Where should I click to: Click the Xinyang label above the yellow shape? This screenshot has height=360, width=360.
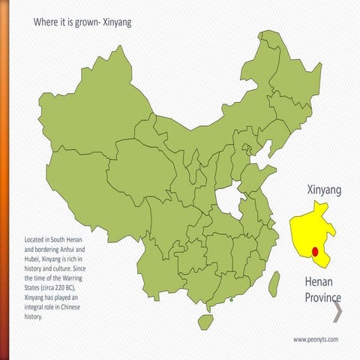point(324,190)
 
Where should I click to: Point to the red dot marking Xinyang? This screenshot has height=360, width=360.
point(316,253)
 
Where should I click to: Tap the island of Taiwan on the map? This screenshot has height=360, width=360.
point(274,282)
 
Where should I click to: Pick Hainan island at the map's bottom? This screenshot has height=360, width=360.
point(205,321)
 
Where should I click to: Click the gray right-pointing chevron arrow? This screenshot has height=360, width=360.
point(337,310)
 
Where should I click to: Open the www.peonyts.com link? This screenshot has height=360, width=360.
point(316,339)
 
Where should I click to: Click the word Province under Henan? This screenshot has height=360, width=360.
point(322,298)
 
